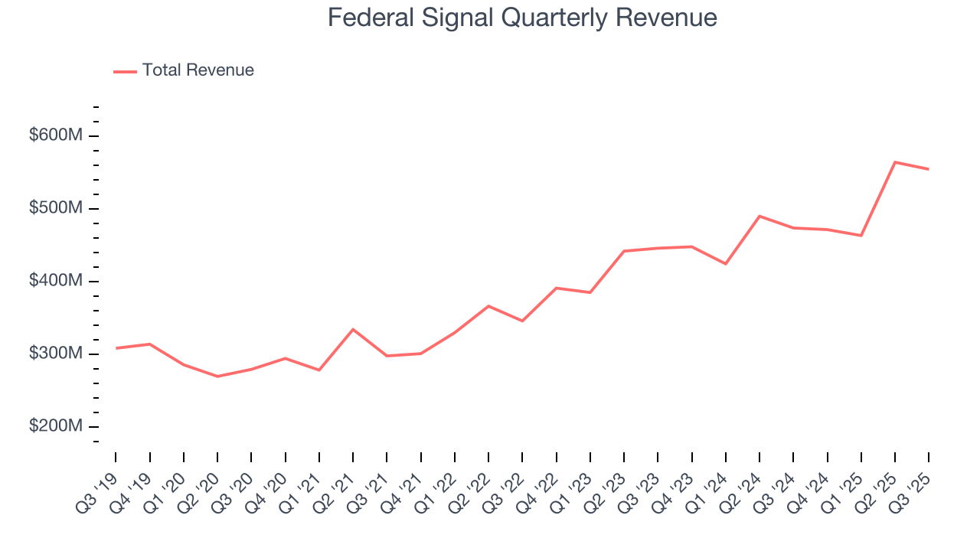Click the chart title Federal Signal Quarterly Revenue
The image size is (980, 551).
522,18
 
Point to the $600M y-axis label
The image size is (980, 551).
56,135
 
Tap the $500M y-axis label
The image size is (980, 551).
56,208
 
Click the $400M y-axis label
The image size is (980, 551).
56,281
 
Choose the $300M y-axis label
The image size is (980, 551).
56,354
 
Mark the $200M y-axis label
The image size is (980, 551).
56,426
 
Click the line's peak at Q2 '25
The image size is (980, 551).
895,162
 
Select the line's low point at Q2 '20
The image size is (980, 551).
217,377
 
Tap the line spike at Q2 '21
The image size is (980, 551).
353,329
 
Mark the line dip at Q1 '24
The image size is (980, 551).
725,264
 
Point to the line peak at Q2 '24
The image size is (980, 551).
759,216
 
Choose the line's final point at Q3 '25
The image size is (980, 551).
929,169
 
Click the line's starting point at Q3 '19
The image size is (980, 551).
116,348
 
